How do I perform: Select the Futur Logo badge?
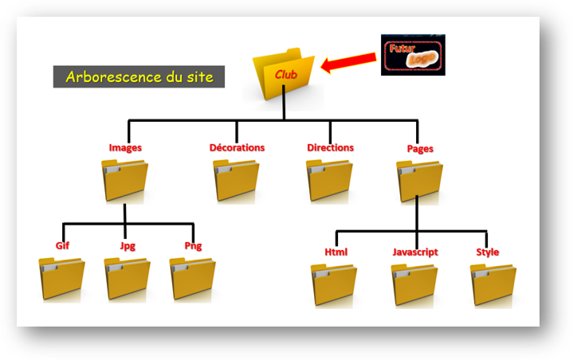pyautogui.click(x=412, y=54)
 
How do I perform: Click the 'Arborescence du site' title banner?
pyautogui.click(x=139, y=77)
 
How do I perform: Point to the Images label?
pyautogui.click(x=126, y=147)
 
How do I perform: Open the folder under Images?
pyautogui.click(x=125, y=180)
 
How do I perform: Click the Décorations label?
pyautogui.click(x=237, y=147)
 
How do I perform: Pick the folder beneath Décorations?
pyautogui.click(x=235, y=180)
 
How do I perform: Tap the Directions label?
pyautogui.click(x=330, y=147)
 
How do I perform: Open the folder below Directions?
pyautogui.click(x=329, y=180)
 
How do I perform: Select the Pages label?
pyautogui.click(x=420, y=148)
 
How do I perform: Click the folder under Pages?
pyautogui.click(x=419, y=180)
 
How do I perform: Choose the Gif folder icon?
pyautogui.click(x=61, y=278)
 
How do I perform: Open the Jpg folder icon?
pyautogui.click(x=128, y=278)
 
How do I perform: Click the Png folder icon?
pyautogui.click(x=193, y=278)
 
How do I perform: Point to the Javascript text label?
pyautogui.click(x=415, y=252)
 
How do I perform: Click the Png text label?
pyautogui.click(x=193, y=245)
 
